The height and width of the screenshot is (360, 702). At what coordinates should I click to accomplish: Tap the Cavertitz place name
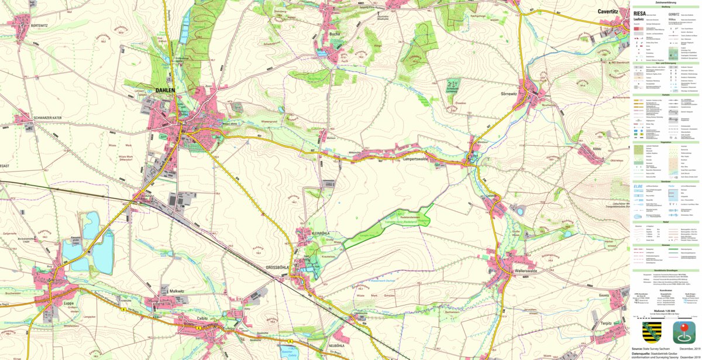(x=612, y=11)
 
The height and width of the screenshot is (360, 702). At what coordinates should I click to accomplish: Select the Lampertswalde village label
(x=416, y=159)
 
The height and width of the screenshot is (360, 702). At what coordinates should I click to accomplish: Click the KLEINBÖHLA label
(x=321, y=233)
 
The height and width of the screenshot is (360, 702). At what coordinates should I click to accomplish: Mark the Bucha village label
(x=335, y=34)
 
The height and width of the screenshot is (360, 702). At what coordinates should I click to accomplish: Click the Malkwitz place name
(x=177, y=291)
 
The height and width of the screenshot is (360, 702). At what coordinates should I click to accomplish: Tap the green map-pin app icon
(x=683, y=332)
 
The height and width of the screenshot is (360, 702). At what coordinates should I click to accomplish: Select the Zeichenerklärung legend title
(x=666, y=2)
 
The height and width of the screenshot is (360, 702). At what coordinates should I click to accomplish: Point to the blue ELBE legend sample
(x=639, y=186)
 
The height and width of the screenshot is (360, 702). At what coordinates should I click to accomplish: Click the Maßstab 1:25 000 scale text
(x=666, y=311)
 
